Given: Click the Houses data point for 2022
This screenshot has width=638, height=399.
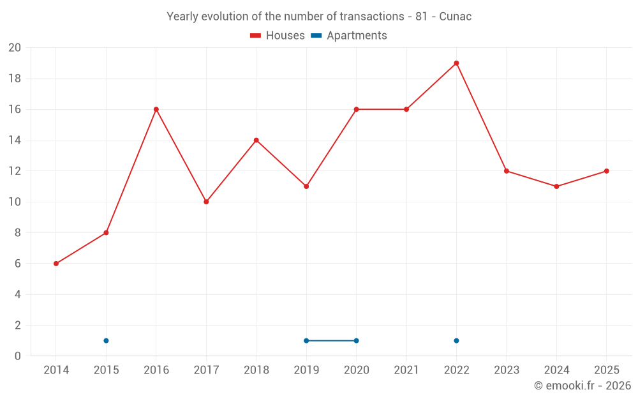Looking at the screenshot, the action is pyautogui.click(x=456, y=63).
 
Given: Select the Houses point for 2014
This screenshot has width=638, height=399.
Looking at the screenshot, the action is pyautogui.click(x=56, y=264).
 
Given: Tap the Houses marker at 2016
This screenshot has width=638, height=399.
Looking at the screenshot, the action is pyautogui.click(x=156, y=110).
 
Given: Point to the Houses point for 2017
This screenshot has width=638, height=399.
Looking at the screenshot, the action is pyautogui.click(x=206, y=202).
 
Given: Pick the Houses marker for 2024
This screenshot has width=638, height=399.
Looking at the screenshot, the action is pyautogui.click(x=556, y=186).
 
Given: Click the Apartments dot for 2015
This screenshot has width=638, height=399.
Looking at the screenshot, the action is pyautogui.click(x=106, y=341).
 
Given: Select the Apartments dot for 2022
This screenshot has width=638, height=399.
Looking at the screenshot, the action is pyautogui.click(x=456, y=341).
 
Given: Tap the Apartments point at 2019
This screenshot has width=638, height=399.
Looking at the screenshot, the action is pyautogui.click(x=306, y=341).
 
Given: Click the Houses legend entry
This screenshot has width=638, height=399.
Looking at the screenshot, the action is pyautogui.click(x=278, y=36).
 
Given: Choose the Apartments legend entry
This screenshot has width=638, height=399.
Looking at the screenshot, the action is pyautogui.click(x=349, y=36).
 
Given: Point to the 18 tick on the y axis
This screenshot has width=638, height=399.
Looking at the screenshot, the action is pyautogui.click(x=15, y=78).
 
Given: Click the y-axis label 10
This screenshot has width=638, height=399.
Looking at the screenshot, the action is pyautogui.click(x=15, y=202).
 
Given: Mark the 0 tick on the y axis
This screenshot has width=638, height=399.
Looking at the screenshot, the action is pyautogui.click(x=17, y=356).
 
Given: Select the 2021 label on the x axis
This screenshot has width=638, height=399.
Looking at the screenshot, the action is pyautogui.click(x=406, y=370).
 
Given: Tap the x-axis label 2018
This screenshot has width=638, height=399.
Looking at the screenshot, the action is pyautogui.click(x=256, y=370).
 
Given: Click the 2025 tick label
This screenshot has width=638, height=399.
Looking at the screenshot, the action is pyautogui.click(x=606, y=370).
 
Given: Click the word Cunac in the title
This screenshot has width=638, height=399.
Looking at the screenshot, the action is pyautogui.click(x=456, y=17).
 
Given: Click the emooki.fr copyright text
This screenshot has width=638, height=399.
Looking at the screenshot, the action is pyautogui.click(x=582, y=386).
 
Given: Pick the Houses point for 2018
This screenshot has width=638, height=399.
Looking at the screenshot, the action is pyautogui.click(x=256, y=140).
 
